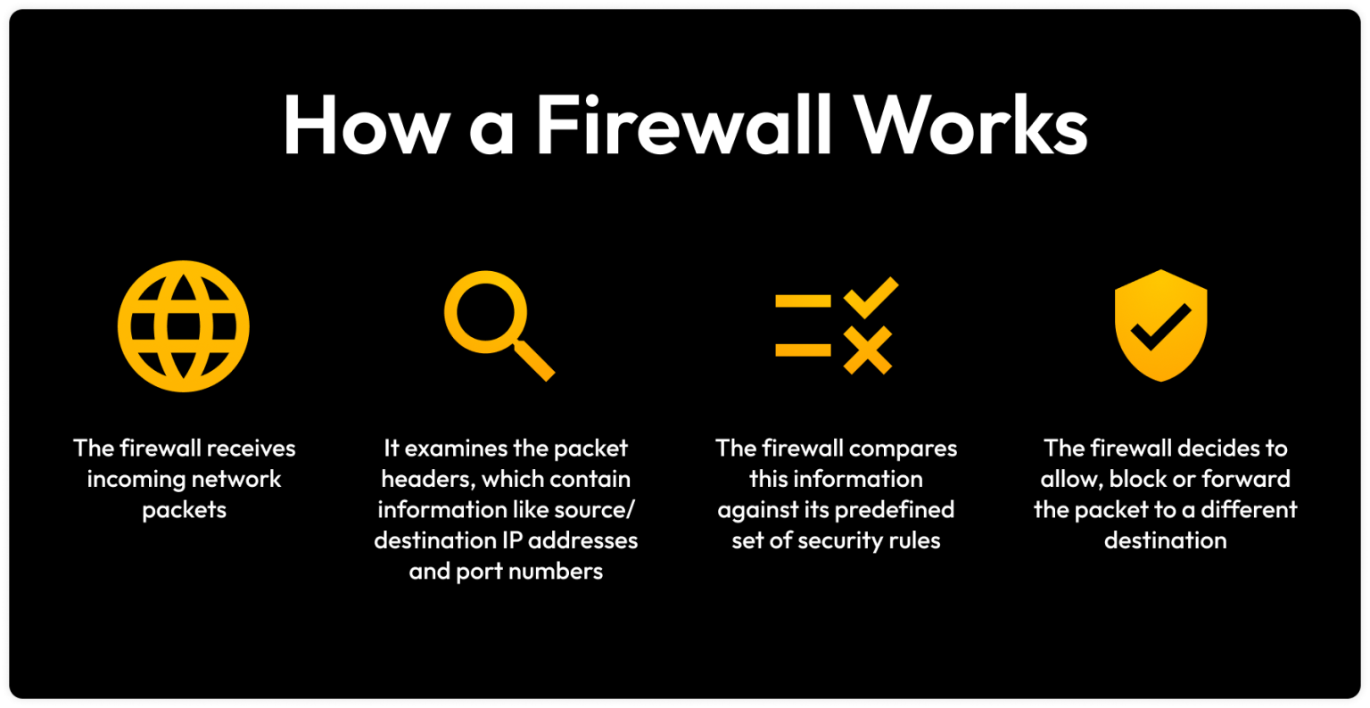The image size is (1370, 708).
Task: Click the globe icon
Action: (184, 326)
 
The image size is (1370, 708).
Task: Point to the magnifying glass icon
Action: (499, 326)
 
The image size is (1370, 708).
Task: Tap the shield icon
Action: (1160, 325)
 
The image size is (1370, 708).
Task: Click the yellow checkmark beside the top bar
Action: (871, 298)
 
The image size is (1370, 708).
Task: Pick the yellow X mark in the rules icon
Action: (868, 350)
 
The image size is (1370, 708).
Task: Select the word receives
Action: (252, 449)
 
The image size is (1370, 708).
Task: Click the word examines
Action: (457, 449)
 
